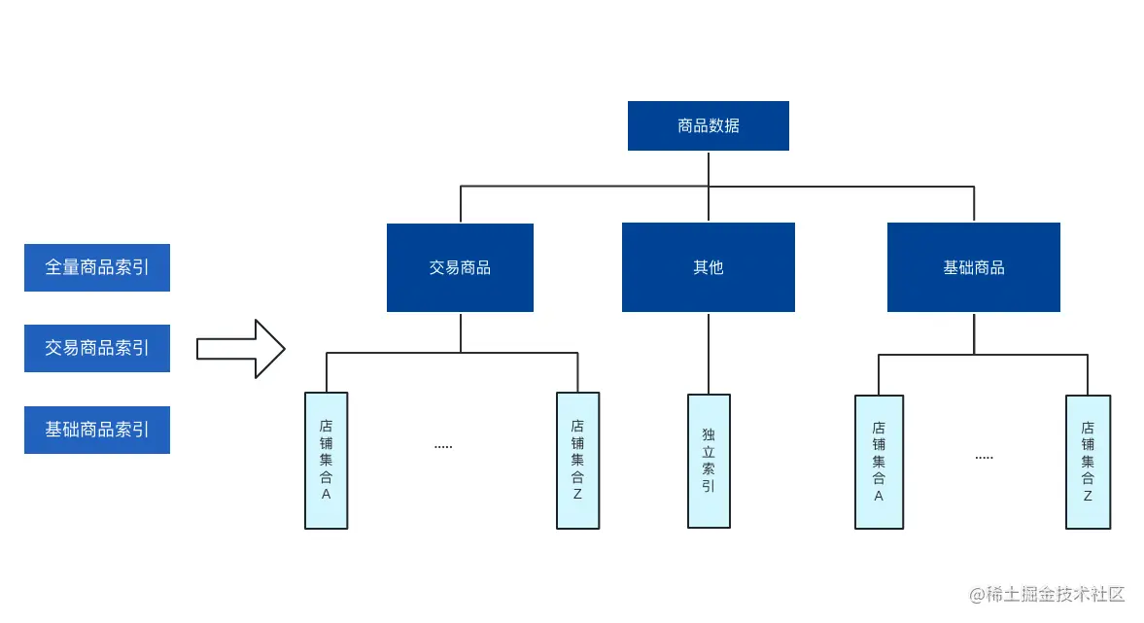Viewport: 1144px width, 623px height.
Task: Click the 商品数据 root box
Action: coord(708,125)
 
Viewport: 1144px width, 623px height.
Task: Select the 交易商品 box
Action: coord(460,267)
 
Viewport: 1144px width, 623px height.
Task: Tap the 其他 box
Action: coord(708,267)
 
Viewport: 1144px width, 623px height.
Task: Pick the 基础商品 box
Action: coord(973,267)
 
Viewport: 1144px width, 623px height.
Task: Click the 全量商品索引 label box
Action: coord(97,267)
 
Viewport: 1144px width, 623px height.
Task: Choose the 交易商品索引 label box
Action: coord(97,348)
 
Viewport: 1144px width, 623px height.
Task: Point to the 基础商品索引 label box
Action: coord(97,430)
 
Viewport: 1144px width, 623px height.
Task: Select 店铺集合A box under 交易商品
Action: coord(326,460)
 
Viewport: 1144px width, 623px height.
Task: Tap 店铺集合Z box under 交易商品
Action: coord(577,460)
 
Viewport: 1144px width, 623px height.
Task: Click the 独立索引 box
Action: coord(709,460)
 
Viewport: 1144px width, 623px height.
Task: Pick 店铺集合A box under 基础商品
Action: coord(879,462)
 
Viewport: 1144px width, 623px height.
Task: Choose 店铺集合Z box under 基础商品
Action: coord(1088,462)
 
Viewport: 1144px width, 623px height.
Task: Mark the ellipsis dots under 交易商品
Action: coord(443,446)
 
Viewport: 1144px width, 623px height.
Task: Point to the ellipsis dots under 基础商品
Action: coord(984,457)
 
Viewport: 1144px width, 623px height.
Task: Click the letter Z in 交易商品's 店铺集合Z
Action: coord(577,494)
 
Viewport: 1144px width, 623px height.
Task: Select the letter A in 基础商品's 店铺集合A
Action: coord(879,496)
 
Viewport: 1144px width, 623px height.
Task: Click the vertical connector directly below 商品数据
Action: coord(709,167)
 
